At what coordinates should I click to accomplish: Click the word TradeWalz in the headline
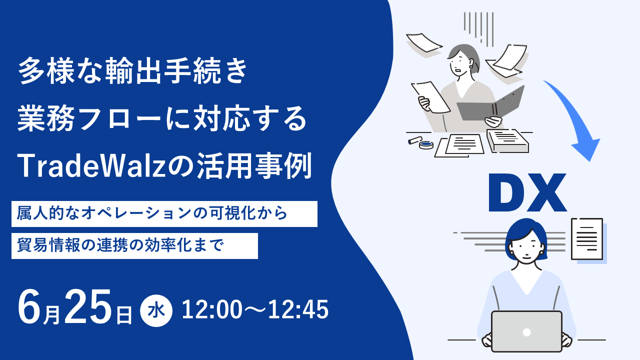click(92, 166)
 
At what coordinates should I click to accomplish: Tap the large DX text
click(527, 192)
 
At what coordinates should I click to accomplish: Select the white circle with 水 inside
click(156, 311)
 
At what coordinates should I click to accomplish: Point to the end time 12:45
click(298, 309)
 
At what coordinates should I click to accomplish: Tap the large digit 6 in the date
click(29, 307)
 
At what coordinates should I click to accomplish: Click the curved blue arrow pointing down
click(574, 117)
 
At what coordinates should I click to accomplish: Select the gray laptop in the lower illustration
click(526, 331)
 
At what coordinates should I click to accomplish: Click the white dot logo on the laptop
click(526, 332)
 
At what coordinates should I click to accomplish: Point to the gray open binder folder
click(490, 104)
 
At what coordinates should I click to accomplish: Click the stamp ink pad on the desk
click(426, 145)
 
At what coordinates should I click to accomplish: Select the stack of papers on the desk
click(507, 141)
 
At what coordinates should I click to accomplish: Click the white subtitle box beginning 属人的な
click(164, 214)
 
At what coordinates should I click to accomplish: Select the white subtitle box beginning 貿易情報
click(134, 246)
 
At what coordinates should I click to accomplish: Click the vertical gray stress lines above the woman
click(478, 28)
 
